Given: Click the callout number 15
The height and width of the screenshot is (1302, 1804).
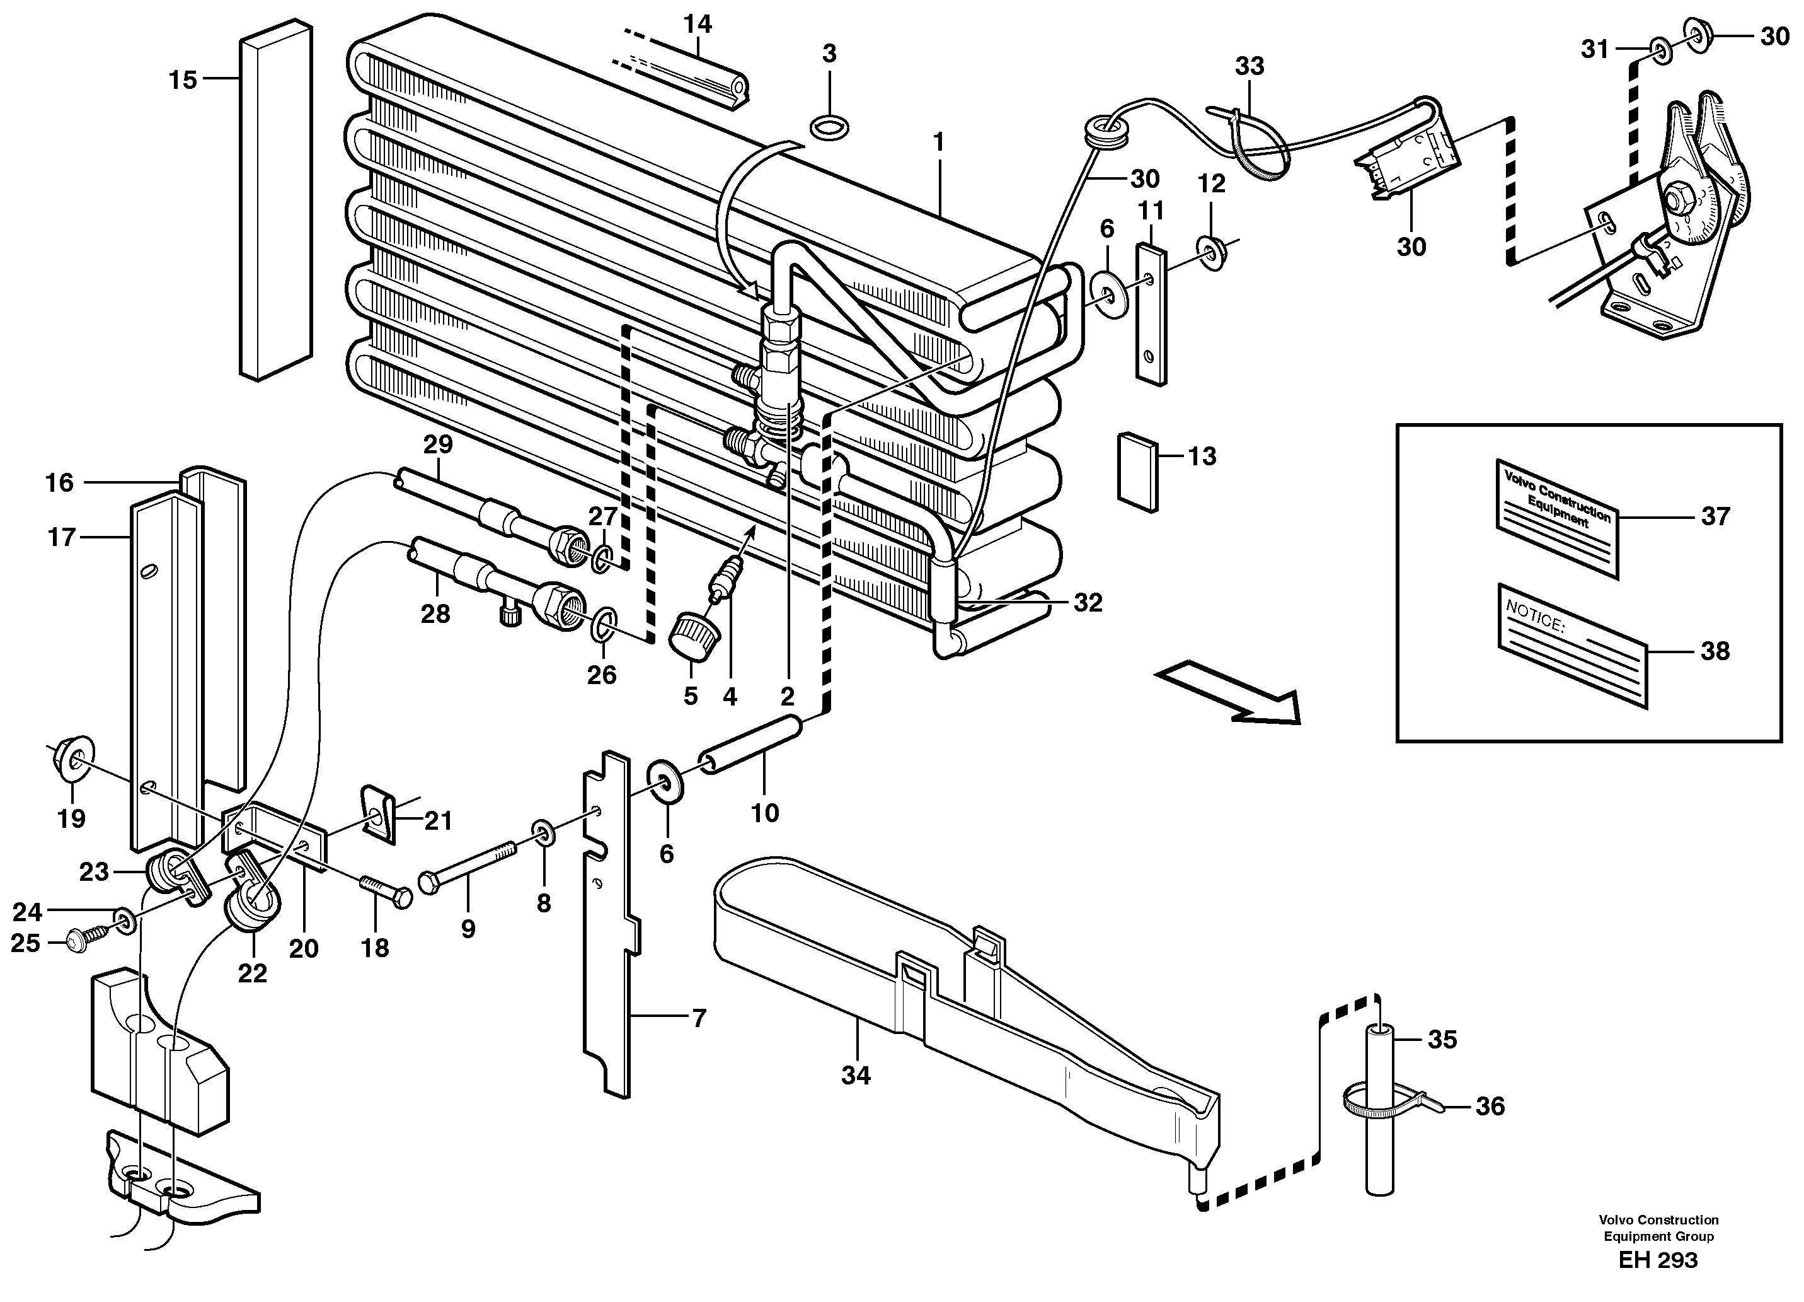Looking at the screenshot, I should (x=183, y=79).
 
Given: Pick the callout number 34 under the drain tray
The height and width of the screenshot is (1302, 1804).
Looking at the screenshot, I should (x=856, y=1076).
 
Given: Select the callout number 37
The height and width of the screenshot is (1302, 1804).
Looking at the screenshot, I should (x=1715, y=516).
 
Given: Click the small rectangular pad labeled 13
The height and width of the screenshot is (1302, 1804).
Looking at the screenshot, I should (x=1138, y=470).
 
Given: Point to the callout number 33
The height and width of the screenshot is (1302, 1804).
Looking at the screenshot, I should (x=1250, y=66).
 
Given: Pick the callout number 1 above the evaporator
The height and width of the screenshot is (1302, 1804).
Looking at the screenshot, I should (x=939, y=143).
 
